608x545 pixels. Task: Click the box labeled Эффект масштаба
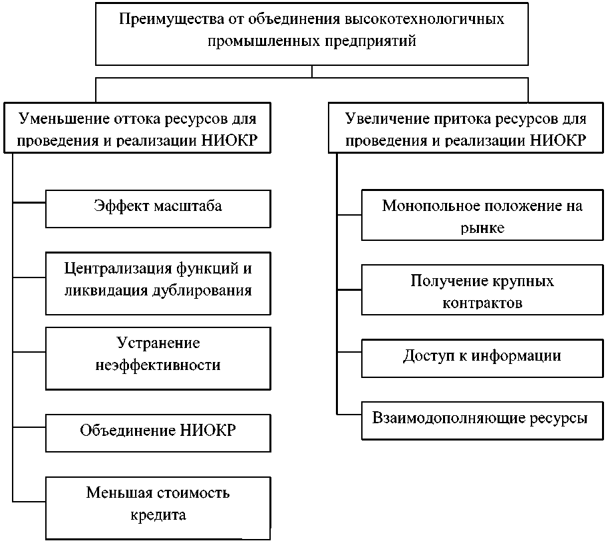click(158, 208)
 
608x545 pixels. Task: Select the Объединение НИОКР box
click(158, 431)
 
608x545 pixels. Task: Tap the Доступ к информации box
click(482, 357)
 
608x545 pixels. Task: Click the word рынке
click(482, 228)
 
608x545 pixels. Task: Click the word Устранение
click(158, 343)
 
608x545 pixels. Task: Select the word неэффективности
click(158, 365)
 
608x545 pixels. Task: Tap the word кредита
click(158, 515)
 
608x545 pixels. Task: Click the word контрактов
click(482, 303)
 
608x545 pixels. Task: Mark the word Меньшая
click(114, 493)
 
